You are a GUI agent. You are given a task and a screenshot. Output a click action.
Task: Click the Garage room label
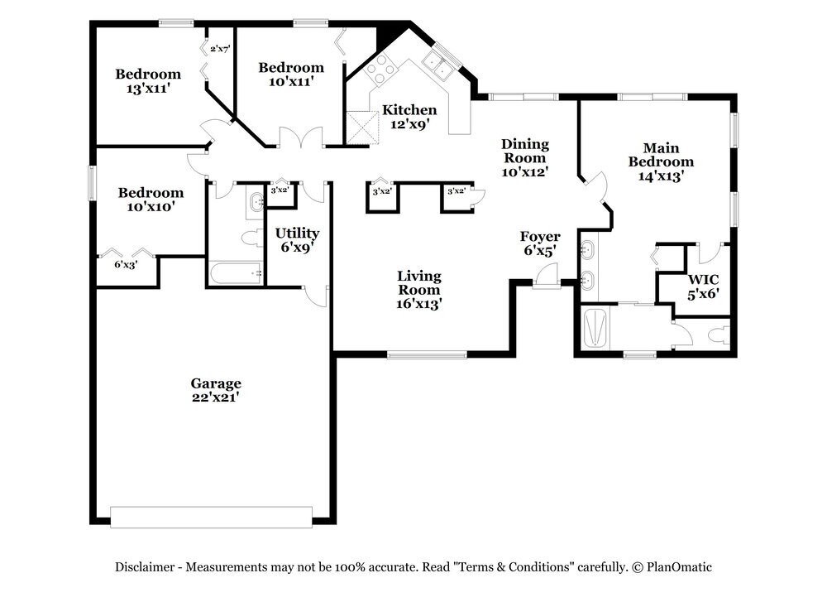coord(216,390)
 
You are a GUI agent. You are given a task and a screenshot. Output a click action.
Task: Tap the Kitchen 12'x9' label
coord(409,117)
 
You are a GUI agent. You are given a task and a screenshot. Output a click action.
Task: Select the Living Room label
coord(418,289)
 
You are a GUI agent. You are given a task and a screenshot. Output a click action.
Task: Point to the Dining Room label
coord(525,157)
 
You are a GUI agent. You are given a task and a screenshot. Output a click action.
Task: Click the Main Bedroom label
coord(661,161)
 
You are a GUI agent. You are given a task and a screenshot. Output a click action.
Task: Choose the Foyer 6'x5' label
coord(540,243)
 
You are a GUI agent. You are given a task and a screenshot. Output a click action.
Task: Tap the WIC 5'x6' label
coord(703,287)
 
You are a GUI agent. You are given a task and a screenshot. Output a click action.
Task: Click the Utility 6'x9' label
coord(298,240)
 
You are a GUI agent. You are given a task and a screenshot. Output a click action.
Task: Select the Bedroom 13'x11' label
coord(148,81)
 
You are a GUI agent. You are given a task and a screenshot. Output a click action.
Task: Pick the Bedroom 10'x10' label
coord(151,199)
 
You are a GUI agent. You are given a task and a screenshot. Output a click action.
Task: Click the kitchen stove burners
coord(380,70)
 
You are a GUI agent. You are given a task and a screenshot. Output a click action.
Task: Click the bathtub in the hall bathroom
coord(235,273)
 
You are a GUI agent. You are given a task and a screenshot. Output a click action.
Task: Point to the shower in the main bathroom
coord(595,328)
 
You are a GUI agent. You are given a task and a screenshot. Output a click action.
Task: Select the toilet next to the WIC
coord(718,335)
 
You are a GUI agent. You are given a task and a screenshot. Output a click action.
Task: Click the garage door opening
coord(212,517)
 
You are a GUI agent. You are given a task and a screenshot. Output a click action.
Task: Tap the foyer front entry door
coord(546,277)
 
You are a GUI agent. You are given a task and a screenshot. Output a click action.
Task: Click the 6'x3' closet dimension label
coord(126,264)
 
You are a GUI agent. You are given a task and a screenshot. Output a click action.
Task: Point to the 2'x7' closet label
coord(220,49)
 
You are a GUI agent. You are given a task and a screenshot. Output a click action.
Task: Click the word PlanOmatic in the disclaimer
coord(679,567)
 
